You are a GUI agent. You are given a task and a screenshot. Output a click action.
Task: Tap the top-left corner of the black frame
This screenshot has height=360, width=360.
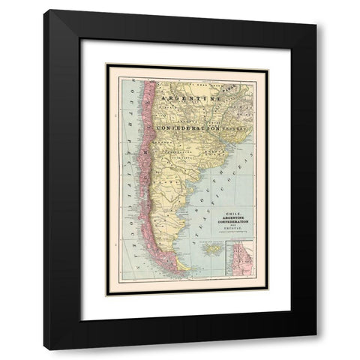[46, 10]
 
